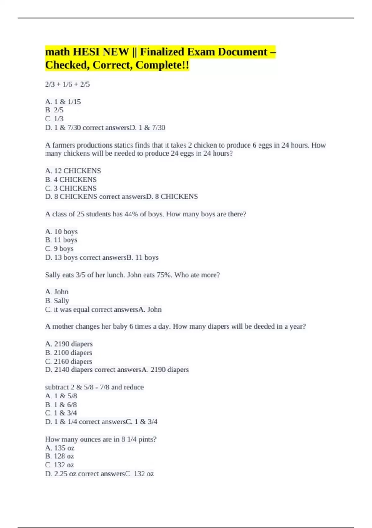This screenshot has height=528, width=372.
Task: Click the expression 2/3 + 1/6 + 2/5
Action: (67, 84)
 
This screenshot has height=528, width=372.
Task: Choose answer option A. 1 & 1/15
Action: (63, 102)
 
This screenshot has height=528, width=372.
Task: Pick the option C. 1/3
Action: (54, 119)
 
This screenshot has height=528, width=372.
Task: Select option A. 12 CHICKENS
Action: (73, 171)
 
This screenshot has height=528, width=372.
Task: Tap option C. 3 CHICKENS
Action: (71, 188)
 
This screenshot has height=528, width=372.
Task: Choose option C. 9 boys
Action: (59, 249)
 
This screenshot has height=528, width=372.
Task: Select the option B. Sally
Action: (57, 301)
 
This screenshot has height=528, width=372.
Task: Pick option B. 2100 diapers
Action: (69, 353)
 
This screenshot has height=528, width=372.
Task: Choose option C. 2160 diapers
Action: (69, 362)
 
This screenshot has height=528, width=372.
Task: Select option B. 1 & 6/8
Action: (61, 405)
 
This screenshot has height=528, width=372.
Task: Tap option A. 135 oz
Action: (60, 448)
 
